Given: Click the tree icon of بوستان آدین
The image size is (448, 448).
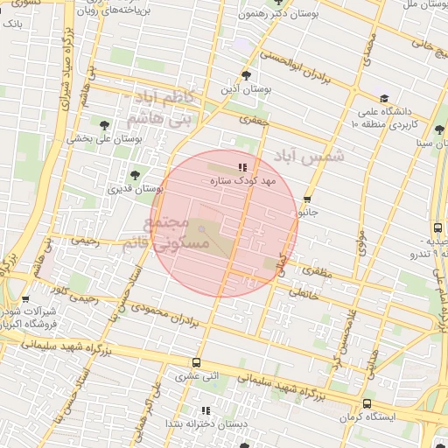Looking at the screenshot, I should click(248, 75).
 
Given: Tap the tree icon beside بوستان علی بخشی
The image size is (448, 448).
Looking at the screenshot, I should click(106, 125).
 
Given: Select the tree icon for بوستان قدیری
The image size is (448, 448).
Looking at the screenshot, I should click(134, 175).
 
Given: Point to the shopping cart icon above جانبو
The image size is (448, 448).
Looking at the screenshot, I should click(307, 199).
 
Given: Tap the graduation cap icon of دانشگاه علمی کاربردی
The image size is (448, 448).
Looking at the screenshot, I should click(384, 98).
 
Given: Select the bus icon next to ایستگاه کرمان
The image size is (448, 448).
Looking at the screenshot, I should click(366, 404).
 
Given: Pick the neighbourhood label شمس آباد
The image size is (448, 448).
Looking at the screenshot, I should click(310, 157).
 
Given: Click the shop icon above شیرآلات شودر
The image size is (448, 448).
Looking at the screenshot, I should click(24, 300).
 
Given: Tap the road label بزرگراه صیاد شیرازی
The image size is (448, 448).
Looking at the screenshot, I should click(66, 77).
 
